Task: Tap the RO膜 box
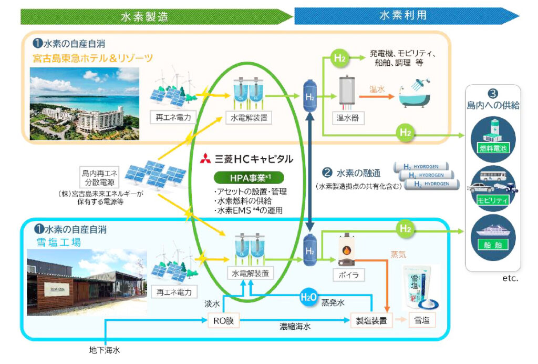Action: [223, 320]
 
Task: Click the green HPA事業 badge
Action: [249, 177]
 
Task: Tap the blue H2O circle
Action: [309, 298]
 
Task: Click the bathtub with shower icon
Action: [415, 94]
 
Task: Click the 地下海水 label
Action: [105, 350]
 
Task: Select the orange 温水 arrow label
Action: [377, 89]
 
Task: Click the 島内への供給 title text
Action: [493, 106]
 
